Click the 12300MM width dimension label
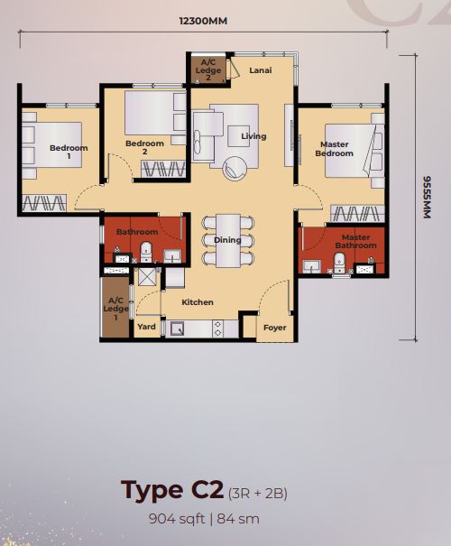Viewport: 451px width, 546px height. (x=203, y=22)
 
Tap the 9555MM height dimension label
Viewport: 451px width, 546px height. (x=427, y=197)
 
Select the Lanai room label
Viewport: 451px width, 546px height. (x=261, y=70)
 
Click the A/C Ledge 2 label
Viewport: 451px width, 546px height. (x=208, y=70)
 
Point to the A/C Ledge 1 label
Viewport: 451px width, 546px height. (x=115, y=309)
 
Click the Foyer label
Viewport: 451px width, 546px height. (x=274, y=328)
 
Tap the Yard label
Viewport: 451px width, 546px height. (x=146, y=327)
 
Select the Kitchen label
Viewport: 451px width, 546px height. (x=198, y=302)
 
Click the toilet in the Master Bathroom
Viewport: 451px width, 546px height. (x=338, y=263)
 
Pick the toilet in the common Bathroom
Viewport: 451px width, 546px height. (x=146, y=252)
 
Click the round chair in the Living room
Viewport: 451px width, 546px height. (x=235, y=169)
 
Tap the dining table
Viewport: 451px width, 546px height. (x=228, y=241)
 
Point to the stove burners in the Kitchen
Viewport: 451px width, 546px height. (x=218, y=329)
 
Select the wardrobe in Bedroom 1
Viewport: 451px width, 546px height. (x=44, y=203)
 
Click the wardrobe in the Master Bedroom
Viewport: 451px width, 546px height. (x=357, y=213)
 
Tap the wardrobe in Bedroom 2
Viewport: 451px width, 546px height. (x=163, y=170)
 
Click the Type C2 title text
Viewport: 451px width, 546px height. (x=172, y=490)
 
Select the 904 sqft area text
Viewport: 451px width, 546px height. (x=177, y=519)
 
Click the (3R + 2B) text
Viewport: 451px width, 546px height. (x=257, y=494)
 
